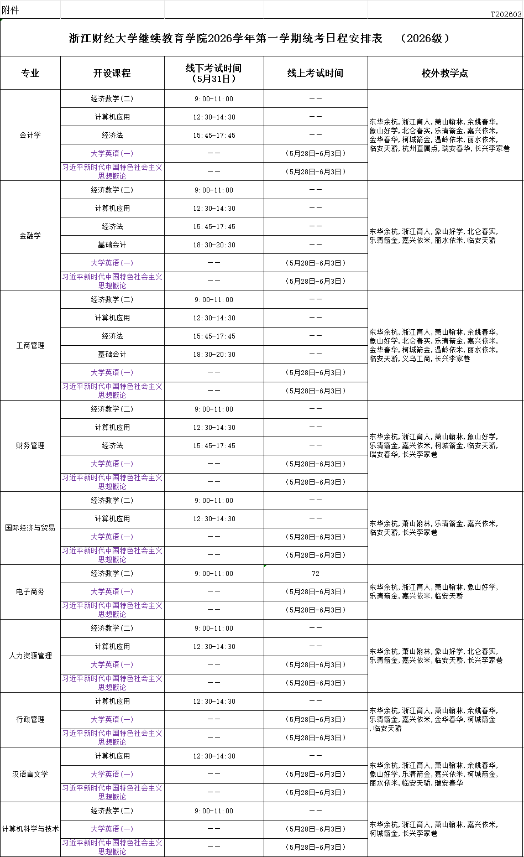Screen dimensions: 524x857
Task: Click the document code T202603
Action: click(x=506, y=14)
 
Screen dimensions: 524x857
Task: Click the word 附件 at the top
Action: click(x=11, y=11)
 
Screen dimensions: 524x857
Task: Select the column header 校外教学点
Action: click(x=445, y=73)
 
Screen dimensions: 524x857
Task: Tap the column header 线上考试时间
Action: click(x=315, y=73)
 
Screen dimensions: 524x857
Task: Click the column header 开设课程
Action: click(x=112, y=73)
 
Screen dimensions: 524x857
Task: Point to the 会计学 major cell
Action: click(x=30, y=135)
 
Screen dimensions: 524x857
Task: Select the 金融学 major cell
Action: click(x=30, y=236)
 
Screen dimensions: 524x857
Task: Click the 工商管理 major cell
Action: click(x=30, y=345)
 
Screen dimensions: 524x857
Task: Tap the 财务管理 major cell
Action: click(x=30, y=446)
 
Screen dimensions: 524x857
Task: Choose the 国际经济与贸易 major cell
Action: click(x=30, y=528)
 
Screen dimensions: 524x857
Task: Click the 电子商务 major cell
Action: click(x=30, y=592)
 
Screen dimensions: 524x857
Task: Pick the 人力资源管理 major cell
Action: click(x=30, y=656)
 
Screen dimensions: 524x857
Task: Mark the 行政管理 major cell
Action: click(x=30, y=720)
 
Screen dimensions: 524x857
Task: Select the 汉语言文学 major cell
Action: click(x=30, y=775)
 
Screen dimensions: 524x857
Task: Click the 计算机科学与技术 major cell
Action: click(x=30, y=829)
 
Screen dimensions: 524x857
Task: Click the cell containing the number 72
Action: click(x=315, y=574)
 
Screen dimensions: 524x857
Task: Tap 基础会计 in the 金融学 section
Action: click(x=112, y=245)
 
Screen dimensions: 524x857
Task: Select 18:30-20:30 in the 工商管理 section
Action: click(x=214, y=355)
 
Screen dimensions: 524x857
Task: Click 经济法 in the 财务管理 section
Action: click(x=112, y=446)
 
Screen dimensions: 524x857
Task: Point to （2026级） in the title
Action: click(x=425, y=38)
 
